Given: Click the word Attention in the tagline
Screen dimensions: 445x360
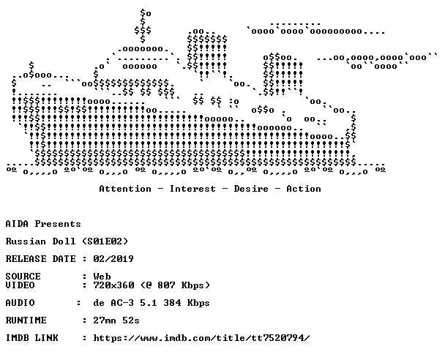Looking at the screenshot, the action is coord(125,189).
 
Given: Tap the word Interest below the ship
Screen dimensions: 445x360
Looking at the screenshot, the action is coord(192,189).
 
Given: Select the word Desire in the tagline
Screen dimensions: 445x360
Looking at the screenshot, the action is coord(251,189).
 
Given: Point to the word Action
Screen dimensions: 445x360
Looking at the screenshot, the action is coord(304,189).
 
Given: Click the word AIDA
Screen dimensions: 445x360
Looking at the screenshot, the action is coord(17,224).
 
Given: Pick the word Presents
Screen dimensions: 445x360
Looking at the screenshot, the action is coord(58,224).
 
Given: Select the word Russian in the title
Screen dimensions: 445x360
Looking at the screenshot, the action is coord(26,241).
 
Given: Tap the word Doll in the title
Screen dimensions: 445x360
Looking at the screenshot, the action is coord(64,241).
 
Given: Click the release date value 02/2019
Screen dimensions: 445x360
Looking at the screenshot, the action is coord(113,259).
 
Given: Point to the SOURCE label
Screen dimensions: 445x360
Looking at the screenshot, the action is coord(23,277).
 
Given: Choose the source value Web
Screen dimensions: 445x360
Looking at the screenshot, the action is coord(102,277).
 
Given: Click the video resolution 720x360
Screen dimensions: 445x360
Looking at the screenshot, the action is coord(113,285).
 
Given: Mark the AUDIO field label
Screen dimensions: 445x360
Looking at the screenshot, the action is coord(20,303).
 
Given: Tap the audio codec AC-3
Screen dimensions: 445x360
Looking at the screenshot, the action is coord(122,303).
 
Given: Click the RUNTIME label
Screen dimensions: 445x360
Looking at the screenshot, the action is coord(26,320).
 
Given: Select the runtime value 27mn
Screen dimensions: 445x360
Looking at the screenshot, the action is coord(105,320).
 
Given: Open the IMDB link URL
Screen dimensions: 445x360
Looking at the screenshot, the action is coord(201,338).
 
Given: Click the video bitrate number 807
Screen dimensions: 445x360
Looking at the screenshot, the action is coord(166,285).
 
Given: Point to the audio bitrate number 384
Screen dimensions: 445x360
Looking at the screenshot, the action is coord(172,303).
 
